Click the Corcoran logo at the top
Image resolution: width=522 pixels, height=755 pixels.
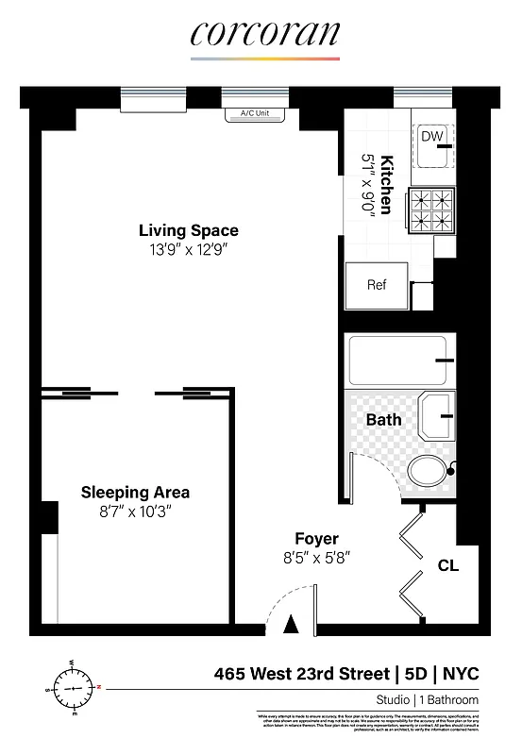(263, 35)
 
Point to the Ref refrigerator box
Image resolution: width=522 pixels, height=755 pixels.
(377, 285)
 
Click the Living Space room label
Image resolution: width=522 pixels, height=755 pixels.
(189, 230)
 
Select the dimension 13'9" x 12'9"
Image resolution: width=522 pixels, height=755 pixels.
(189, 250)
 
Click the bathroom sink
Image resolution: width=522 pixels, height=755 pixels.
(436, 412)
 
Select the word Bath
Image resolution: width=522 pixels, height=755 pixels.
(384, 419)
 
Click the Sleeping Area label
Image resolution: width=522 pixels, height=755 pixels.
(135, 492)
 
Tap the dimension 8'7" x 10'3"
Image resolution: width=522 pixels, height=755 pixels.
(135, 512)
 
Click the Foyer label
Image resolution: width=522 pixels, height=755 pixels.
(316, 539)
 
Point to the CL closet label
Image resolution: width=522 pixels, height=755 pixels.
(448, 567)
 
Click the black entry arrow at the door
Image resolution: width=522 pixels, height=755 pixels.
(292, 624)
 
